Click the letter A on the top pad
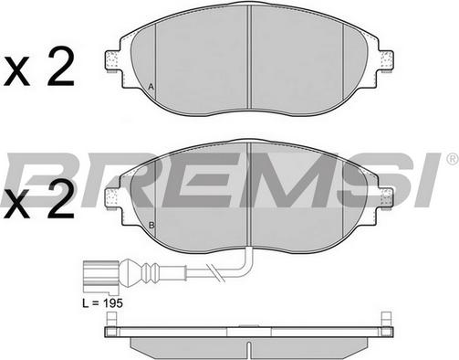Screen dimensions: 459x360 pyautogui.click(x=151, y=87)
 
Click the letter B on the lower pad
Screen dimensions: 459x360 pyautogui.click(x=151, y=226)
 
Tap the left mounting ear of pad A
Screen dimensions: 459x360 pyautogui.click(x=112, y=61)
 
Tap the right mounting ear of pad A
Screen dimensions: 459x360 pyautogui.click(x=386, y=61)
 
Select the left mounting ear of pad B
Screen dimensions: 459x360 pyautogui.click(x=112, y=198)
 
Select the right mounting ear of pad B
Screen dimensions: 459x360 pyautogui.click(x=386, y=198)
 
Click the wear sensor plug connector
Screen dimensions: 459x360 pyautogui.click(x=99, y=274)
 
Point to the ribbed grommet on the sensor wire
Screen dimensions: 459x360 pyautogui.click(x=150, y=270)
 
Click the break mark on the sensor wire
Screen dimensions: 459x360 pyautogui.click(x=215, y=271)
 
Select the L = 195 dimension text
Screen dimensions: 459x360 pyautogui.click(x=103, y=303)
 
